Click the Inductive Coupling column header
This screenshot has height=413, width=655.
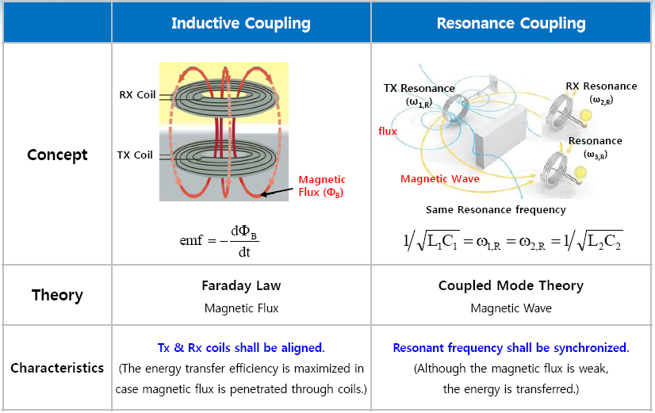tap(241, 23)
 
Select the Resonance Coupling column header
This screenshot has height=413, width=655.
tap(511, 23)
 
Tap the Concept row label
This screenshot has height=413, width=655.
tap(57, 154)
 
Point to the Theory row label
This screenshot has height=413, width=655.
tap(57, 295)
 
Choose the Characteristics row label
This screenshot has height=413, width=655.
tap(57, 368)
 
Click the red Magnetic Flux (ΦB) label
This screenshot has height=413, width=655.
tap(322, 186)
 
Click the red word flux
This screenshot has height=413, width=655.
tap(388, 132)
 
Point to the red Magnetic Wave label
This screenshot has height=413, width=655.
tap(441, 179)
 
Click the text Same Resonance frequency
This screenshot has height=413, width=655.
tap(496, 210)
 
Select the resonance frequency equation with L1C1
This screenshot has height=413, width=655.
tap(512, 241)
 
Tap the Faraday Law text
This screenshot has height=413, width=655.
tap(241, 285)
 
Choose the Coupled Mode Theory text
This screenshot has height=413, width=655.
tap(511, 285)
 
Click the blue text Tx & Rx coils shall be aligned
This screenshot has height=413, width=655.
tap(241, 348)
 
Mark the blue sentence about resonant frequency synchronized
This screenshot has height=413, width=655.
tap(511, 348)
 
